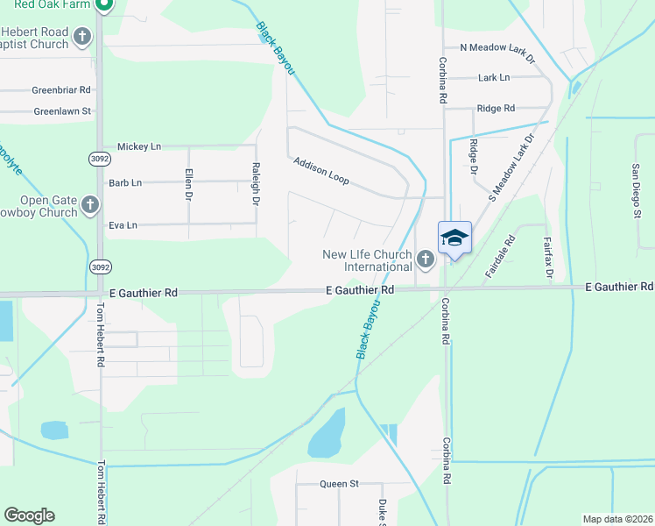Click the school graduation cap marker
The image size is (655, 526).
tap(454, 238)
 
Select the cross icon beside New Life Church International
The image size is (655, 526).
tap(426, 259)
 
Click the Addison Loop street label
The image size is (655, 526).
tap(321, 171)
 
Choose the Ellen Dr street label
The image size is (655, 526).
tap(189, 184)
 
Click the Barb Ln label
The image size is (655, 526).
tap(124, 183)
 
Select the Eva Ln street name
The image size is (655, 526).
tap(123, 225)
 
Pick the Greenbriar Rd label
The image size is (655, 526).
tap(61, 90)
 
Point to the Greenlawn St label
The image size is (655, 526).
tap(62, 111)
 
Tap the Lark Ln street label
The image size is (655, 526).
tap(494, 78)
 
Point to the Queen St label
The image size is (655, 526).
tap(339, 483)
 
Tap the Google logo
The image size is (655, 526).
tap(29, 515)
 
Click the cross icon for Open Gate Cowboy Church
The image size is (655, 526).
tap(90, 206)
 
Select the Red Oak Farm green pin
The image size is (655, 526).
tap(103, 5)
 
